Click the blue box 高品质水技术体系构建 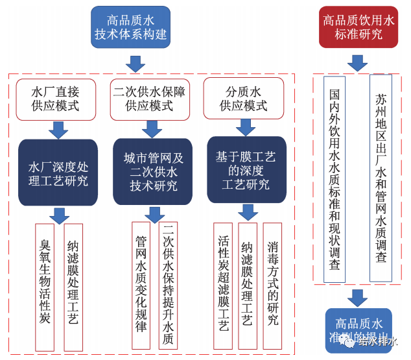[130, 27]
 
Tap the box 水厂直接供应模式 [56, 99]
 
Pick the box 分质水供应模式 [244, 99]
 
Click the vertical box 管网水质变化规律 [141, 286]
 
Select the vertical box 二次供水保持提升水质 [168, 286]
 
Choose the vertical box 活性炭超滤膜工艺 [223, 285]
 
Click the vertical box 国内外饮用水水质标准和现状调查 [335, 179]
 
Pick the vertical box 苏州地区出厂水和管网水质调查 [381, 178]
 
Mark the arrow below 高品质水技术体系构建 [135, 64]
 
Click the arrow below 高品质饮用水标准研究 [358, 63]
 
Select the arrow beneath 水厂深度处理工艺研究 [59, 215]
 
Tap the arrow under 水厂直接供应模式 [58, 130]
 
